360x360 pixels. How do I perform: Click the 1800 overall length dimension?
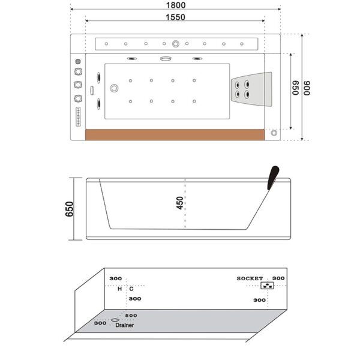(x=176, y=5)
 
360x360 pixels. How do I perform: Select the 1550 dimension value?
(x=176, y=17)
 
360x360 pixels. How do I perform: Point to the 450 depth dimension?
(x=180, y=203)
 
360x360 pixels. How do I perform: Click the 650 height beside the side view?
(x=70, y=209)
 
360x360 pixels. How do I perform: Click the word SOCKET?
(x=250, y=278)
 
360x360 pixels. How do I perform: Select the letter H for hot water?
(x=119, y=289)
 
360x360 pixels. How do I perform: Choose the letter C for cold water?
(x=131, y=289)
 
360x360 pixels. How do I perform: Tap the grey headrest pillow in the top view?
(x=251, y=88)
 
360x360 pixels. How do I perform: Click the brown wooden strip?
(x=176, y=134)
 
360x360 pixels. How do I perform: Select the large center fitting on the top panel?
(x=176, y=44)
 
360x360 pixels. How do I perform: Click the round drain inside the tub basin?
(x=113, y=89)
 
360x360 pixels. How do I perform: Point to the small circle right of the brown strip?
(x=275, y=133)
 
